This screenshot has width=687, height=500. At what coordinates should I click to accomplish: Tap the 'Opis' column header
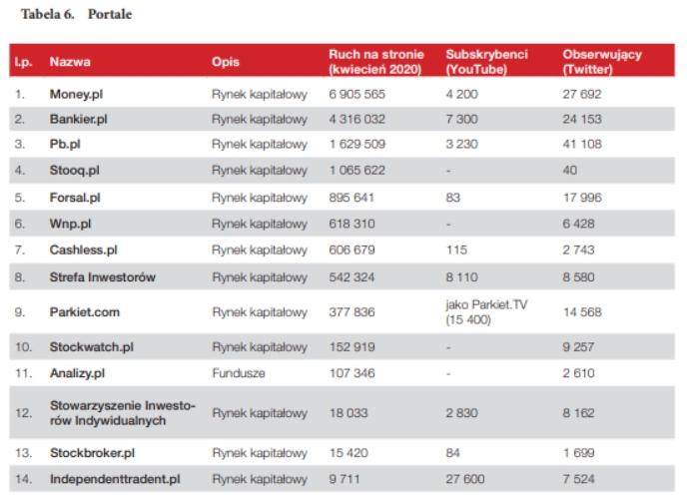click(x=225, y=61)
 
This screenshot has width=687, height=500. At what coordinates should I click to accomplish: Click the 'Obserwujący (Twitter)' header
click(x=602, y=61)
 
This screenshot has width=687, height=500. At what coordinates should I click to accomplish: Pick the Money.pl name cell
click(x=79, y=95)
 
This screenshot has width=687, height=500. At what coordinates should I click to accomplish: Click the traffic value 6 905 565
click(x=356, y=95)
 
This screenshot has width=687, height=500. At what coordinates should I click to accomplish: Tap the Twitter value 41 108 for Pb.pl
click(x=583, y=145)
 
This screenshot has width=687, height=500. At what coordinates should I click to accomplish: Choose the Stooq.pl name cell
click(x=75, y=170)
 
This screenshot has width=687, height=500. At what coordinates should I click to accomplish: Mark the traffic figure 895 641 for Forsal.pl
click(x=351, y=197)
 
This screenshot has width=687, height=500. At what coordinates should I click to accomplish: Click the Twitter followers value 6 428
click(x=579, y=223)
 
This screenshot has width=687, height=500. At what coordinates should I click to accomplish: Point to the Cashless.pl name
click(x=83, y=249)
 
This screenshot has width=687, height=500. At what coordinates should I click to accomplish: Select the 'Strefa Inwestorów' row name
click(x=104, y=275)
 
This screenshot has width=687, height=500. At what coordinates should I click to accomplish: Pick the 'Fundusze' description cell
click(x=237, y=374)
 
